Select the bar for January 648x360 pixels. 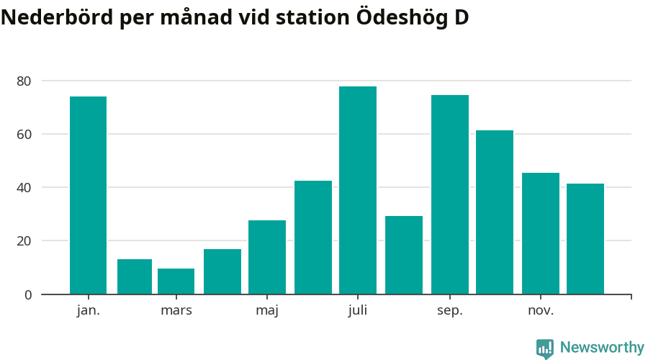coord(88,195)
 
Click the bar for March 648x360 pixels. coord(176,282)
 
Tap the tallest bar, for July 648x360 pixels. coord(358,190)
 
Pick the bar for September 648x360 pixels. coord(450,194)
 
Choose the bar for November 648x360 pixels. coord(541,233)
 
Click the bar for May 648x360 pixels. coord(267,257)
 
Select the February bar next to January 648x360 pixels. coord(135,276)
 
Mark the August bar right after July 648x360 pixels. coord(404,255)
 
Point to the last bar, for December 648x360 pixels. coord(585,239)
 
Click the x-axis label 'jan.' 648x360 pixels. coord(88,310)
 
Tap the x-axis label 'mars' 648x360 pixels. coord(176,310)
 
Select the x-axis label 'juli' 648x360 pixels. coord(358,310)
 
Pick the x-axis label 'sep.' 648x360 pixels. coord(450,310)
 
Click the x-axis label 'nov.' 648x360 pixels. coord(541,310)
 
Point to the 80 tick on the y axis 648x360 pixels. coord(24,81)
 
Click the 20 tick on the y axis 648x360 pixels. coord(24,241)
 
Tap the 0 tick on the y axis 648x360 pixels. coord(27,294)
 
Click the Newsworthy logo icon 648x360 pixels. coord(545,348)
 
